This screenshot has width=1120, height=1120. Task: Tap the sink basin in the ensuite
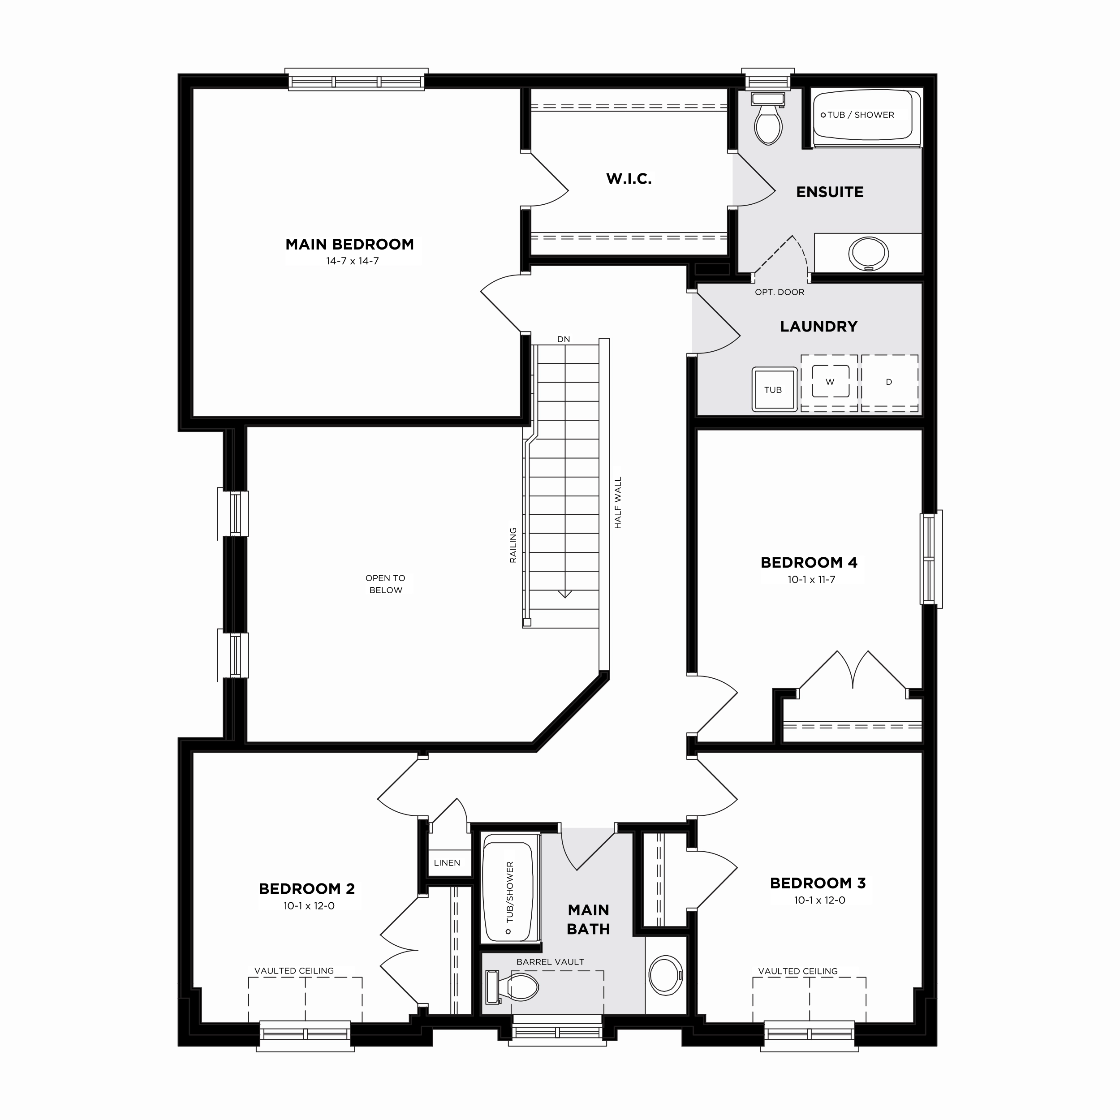click(868, 253)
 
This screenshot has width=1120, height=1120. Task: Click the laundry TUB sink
click(774, 389)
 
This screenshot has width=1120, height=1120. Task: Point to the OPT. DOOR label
click(779, 292)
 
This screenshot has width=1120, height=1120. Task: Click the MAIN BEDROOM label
click(349, 244)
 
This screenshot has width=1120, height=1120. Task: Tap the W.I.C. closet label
click(629, 179)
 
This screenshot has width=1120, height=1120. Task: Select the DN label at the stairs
click(564, 339)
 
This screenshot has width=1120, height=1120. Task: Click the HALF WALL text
click(618, 503)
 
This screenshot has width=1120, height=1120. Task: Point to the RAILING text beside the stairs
click(513, 545)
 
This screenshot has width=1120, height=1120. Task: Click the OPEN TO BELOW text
click(386, 584)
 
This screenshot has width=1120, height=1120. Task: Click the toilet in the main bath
click(513, 986)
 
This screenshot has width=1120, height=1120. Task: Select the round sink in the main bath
click(666, 976)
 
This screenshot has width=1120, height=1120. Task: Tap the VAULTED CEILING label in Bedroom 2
click(294, 970)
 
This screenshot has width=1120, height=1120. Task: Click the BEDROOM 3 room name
click(818, 883)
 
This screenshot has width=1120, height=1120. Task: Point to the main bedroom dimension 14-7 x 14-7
click(353, 261)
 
